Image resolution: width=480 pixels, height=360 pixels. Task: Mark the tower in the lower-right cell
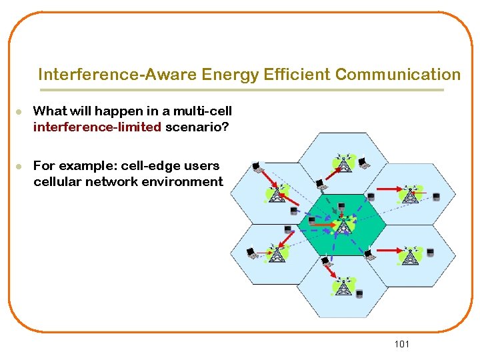point(409,255)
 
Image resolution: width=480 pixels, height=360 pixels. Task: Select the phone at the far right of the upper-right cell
point(437,197)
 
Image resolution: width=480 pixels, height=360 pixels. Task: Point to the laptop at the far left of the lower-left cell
point(251,253)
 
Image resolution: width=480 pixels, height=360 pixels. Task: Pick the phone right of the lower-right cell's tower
point(431,253)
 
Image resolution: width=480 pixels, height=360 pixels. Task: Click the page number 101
point(402,344)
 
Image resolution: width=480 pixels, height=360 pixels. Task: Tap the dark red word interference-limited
point(97,127)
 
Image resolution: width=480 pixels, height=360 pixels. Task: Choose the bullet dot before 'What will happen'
point(20,111)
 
